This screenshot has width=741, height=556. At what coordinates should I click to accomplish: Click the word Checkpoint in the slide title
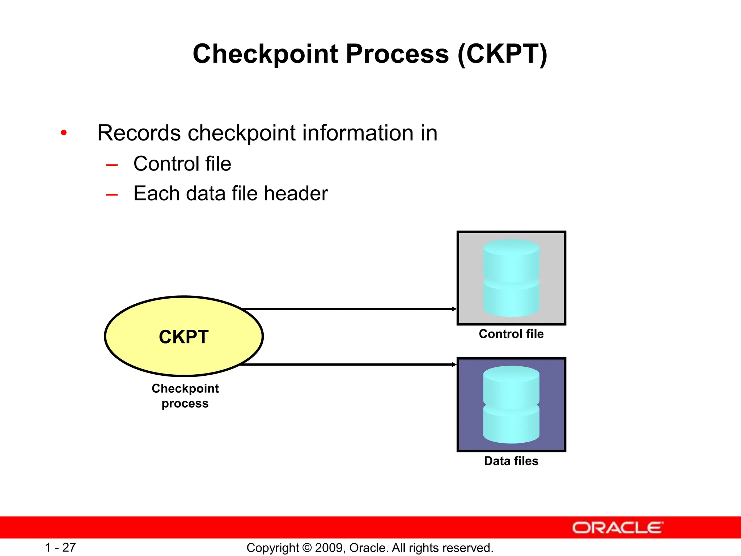[x=266, y=54]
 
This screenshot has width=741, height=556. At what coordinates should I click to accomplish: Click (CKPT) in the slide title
[x=503, y=54]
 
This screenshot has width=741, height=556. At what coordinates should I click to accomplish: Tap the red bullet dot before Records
[x=64, y=133]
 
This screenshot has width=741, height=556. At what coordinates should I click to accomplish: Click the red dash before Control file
[x=112, y=165]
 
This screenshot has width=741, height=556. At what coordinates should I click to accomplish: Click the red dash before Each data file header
[x=112, y=195]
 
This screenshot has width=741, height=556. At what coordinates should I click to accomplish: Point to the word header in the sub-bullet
[x=296, y=193]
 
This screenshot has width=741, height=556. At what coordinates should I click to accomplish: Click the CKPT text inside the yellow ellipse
[x=184, y=337]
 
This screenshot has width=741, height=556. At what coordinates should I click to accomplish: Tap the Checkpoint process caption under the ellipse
[x=185, y=396]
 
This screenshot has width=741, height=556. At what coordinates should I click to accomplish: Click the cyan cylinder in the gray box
[x=511, y=278]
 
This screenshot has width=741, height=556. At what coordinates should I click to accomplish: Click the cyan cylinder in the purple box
[x=511, y=405]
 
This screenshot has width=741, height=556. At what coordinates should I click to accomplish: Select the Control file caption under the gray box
[x=511, y=334]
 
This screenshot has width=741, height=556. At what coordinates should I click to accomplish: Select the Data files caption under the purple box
[x=511, y=461]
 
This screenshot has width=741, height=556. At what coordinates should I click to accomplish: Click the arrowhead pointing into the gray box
[x=454, y=309]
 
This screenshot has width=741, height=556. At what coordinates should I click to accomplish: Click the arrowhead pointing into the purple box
[x=454, y=365]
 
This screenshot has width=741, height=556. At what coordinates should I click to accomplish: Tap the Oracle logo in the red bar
[x=617, y=528]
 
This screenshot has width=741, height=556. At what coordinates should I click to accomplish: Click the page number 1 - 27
[x=60, y=547]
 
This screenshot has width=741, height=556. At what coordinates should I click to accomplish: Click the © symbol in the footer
[x=307, y=548]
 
